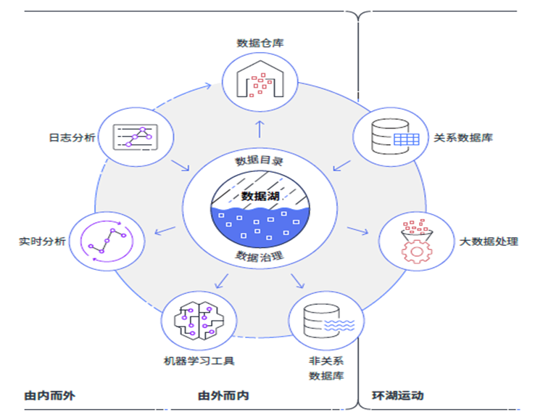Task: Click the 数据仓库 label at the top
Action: (260, 43)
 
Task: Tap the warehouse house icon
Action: (260, 79)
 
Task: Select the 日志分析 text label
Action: (72, 137)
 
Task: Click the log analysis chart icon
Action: (136, 137)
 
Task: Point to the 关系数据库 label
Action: (463, 138)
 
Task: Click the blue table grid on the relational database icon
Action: (407, 139)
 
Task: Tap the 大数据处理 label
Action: (489, 242)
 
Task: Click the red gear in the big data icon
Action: (417, 252)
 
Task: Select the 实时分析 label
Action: (42, 241)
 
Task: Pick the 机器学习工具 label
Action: (199, 361)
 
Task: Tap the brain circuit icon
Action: (199, 321)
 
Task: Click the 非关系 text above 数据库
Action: (325, 361)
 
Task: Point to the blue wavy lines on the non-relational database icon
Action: (339, 326)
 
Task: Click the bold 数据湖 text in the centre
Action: (260, 196)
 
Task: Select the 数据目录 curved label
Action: (259, 160)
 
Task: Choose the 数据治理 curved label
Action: (260, 256)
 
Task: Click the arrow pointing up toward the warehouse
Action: (260, 129)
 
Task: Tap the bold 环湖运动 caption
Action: (397, 395)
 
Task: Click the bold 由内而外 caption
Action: (50, 395)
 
